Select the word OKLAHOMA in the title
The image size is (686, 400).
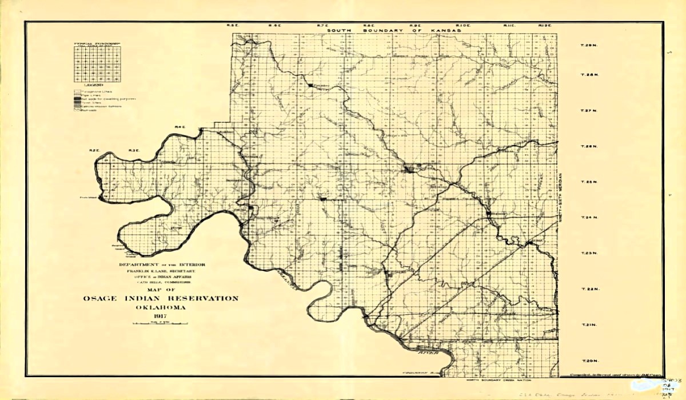(x=160, y=307)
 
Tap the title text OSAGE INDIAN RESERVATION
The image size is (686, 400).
(x=161, y=298)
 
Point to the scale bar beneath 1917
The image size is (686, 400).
(x=160, y=324)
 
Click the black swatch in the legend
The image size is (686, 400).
(x=76, y=99)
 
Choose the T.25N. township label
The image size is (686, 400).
(x=589, y=182)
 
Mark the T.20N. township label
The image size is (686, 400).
(x=589, y=361)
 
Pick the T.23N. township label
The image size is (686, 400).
(x=589, y=253)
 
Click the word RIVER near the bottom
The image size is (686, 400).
(x=427, y=353)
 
